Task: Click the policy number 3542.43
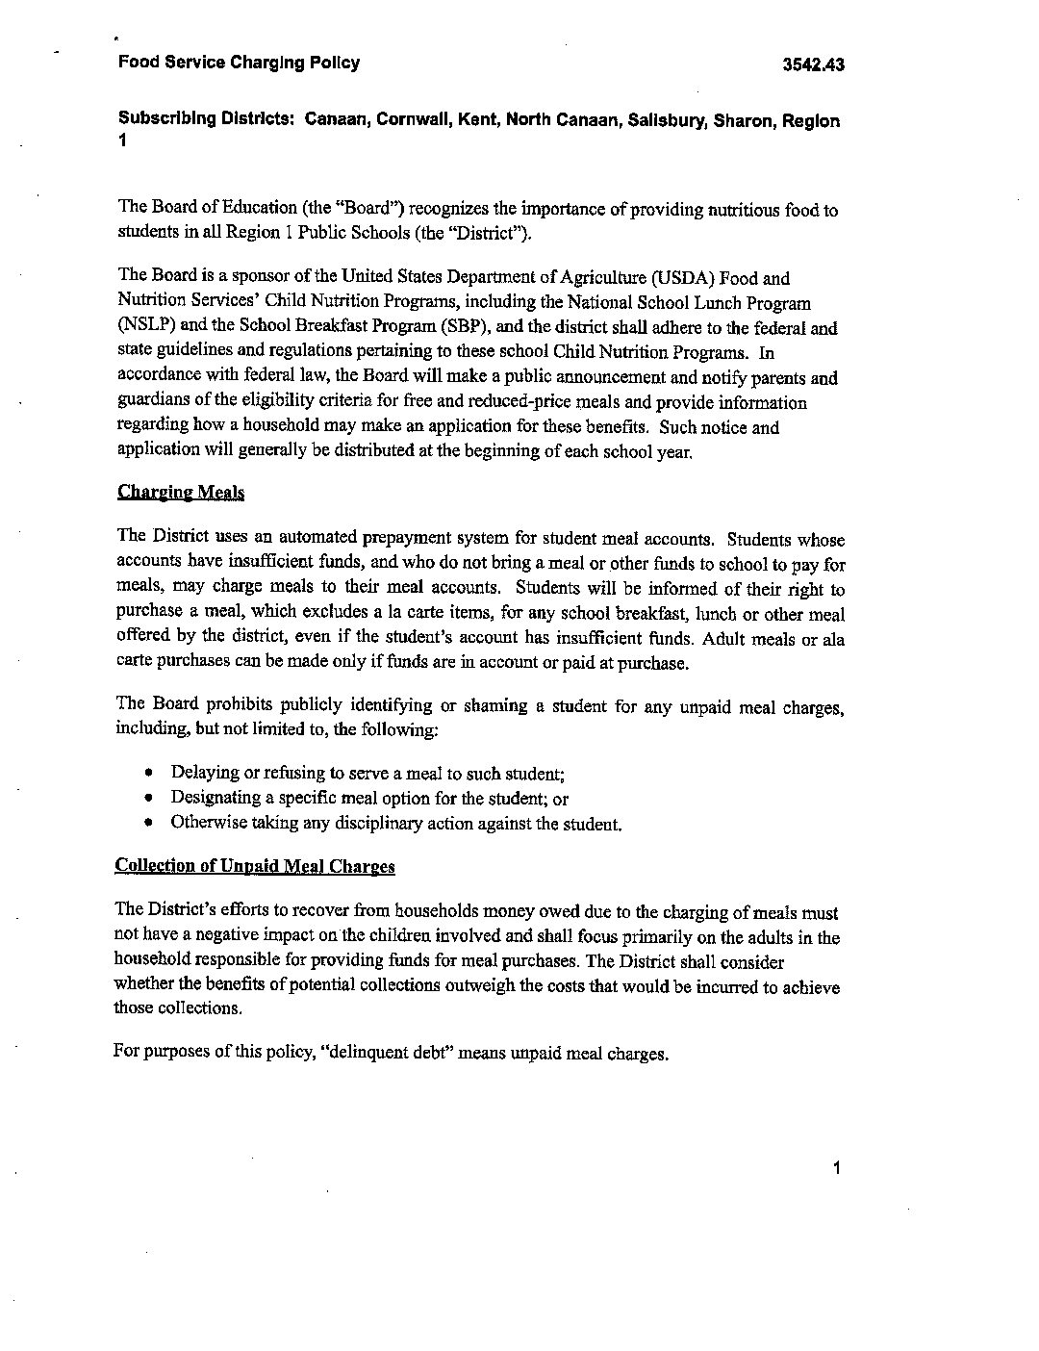coord(813,65)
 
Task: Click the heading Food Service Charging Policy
coord(239,64)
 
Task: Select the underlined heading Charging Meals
coord(181,493)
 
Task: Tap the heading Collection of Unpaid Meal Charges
coord(255,865)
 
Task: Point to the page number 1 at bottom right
coord(837,1168)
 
